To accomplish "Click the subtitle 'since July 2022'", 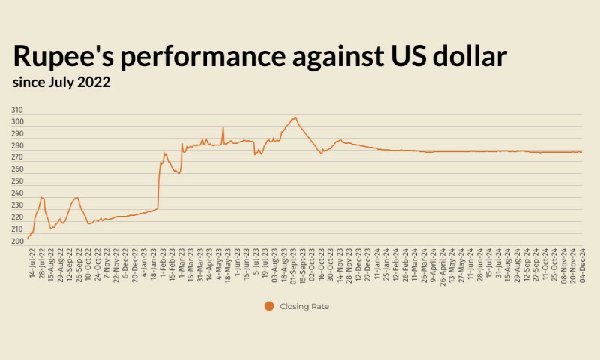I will [x=61, y=82].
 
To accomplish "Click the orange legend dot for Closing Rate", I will [x=269, y=306].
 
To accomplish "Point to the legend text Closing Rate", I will [x=304, y=306].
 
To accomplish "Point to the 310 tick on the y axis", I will [x=17, y=109].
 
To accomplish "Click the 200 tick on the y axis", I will [x=17, y=241].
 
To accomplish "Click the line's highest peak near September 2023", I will [x=295, y=118].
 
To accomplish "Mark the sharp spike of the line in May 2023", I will [x=223, y=128].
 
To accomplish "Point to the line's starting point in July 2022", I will [x=28, y=238].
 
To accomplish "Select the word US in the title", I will [x=393, y=57].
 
